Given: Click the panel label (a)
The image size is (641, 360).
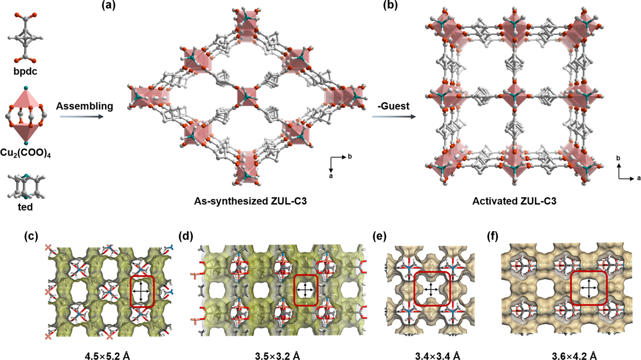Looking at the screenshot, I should pos(108,5).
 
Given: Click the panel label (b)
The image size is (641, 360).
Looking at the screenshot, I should pos(390,5).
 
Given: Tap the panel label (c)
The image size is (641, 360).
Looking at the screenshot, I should pos(31,236).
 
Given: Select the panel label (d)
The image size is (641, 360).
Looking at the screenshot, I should pos(186,236).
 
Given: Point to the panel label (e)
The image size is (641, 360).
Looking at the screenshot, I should pos(380,236).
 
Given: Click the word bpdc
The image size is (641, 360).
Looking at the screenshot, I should pos(25,71).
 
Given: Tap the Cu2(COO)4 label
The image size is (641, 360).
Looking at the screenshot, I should pos(25,153).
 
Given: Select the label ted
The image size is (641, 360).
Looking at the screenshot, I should pos(25,207).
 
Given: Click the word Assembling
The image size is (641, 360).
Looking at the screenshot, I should pos(85,106).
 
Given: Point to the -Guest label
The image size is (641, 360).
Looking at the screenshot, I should pos(393,106).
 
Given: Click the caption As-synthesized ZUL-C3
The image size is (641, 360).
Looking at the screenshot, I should pos(250,201).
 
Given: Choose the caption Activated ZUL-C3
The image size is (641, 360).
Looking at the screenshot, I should pos(514,201).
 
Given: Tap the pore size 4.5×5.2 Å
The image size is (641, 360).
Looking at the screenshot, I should pos(107,356).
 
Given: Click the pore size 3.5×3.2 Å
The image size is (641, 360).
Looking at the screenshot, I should pos(278,356).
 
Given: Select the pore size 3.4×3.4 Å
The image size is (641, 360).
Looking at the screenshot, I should pos(437,356).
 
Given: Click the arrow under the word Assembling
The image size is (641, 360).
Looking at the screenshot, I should pos(82,117).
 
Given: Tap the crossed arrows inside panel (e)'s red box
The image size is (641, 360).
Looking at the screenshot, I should pos(431,289).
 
